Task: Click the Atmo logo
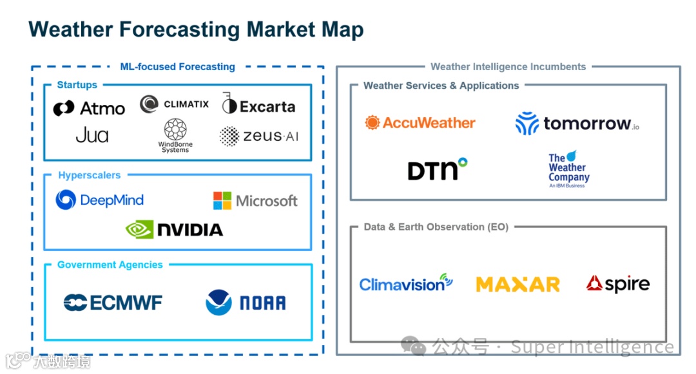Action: [89, 108]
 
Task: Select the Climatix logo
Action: [175, 104]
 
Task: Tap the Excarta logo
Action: [258, 106]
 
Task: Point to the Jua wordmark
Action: [92, 135]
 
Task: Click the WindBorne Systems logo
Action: [175, 136]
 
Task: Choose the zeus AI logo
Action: [259, 136]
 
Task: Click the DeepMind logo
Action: [100, 200]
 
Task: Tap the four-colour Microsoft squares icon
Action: [222, 200]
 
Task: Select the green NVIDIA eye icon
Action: [139, 229]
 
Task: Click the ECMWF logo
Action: [113, 303]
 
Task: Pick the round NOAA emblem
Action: [218, 303]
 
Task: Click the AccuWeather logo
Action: [420, 122]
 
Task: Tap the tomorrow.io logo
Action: [577, 123]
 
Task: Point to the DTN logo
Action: [437, 169]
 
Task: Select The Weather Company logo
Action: [568, 169]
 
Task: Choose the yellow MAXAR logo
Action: [517, 284]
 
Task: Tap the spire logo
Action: [617, 284]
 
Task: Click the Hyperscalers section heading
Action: [89, 175]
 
